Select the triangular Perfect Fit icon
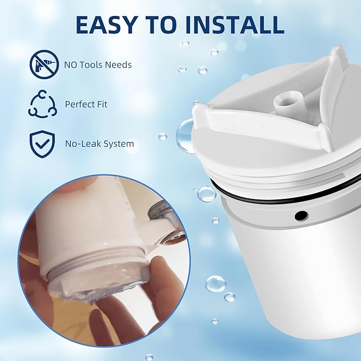tap(42, 104)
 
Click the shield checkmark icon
tap(42, 144)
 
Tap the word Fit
tap(101, 104)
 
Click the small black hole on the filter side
tap(301, 215)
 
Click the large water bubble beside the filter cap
tap(186, 136)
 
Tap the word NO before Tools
tap(72, 65)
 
